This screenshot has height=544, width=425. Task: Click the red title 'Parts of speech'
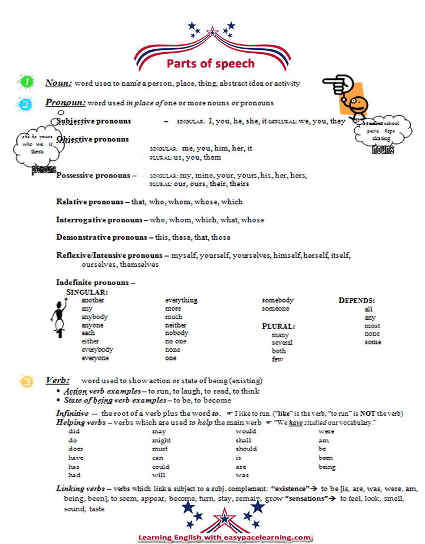[x=210, y=63]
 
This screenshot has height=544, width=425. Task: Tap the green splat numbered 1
[x=26, y=82]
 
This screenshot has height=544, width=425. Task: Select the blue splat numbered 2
[x=25, y=104]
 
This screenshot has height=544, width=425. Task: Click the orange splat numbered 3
[x=26, y=381]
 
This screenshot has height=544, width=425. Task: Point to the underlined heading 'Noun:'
[x=58, y=83]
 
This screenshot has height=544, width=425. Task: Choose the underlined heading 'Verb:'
[x=57, y=380]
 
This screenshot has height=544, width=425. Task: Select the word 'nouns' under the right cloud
[x=383, y=150]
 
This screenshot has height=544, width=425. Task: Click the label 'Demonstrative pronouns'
[x=99, y=237]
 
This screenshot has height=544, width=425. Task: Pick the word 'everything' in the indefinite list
[x=181, y=300]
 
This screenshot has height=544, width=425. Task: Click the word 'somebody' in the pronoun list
[x=277, y=300]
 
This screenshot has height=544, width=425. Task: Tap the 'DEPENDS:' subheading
[x=356, y=300]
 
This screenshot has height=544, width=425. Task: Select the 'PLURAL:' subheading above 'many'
[x=278, y=326]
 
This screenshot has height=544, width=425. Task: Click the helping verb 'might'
[x=161, y=440]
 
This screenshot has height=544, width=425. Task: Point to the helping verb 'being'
[x=327, y=467]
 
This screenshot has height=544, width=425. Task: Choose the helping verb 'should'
[x=246, y=449]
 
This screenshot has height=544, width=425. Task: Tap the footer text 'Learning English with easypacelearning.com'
[x=225, y=537]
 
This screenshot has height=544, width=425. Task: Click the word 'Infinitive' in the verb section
[x=72, y=414]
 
